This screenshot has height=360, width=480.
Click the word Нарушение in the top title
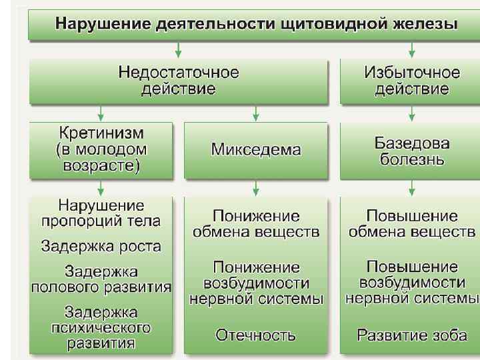[92, 25]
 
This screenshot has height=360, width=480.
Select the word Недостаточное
[178, 72]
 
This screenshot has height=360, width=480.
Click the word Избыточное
[411, 72]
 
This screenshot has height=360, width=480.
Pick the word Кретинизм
[101, 132]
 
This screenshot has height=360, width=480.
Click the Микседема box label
[255, 149]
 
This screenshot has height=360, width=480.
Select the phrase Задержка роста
[101, 246]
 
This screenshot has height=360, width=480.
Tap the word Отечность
[255, 335]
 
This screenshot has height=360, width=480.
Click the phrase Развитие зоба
[411, 335]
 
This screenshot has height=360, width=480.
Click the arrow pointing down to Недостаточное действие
[178, 50]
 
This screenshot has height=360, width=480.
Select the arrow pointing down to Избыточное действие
[411, 50]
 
